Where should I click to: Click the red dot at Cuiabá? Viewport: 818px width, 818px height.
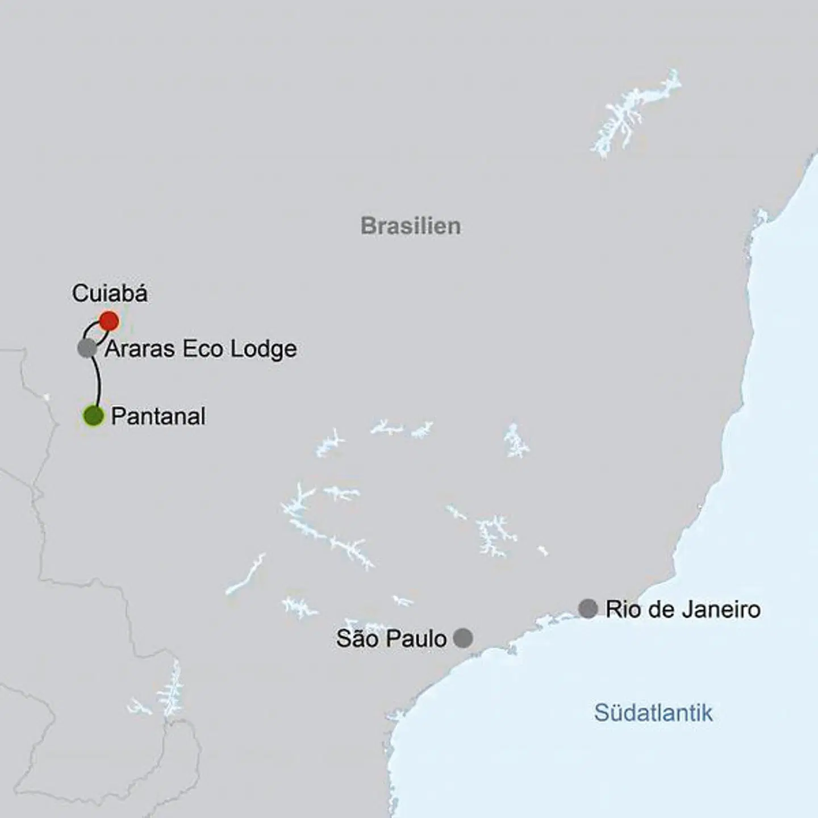coord(108,321)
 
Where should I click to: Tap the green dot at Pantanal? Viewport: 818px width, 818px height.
coord(94,416)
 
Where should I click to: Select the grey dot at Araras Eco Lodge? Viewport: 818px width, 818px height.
coord(87,348)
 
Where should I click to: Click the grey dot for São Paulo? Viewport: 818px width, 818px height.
coord(463,638)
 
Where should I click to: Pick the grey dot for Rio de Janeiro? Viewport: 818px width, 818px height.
coord(588,608)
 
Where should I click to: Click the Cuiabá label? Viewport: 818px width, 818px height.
coord(110,293)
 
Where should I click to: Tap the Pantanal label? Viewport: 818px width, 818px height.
coord(158,416)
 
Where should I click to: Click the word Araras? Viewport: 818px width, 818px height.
coord(140,349)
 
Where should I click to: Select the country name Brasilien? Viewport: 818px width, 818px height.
coord(411,226)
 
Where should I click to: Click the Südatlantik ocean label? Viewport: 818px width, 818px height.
coord(653,712)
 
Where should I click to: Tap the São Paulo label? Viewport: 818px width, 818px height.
coord(391,638)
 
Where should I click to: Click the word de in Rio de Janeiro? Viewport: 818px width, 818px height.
coord(648,609)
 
